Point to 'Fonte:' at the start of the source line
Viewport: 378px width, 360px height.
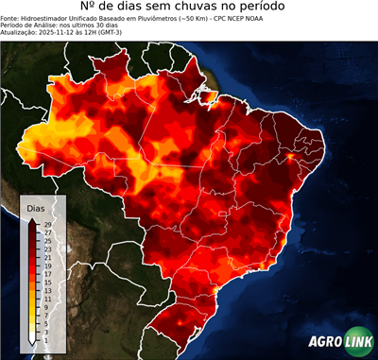click(10, 18)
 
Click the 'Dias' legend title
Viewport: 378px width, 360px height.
click(36, 207)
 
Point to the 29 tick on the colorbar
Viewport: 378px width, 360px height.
click(46, 224)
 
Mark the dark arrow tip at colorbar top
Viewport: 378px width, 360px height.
click(33, 219)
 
